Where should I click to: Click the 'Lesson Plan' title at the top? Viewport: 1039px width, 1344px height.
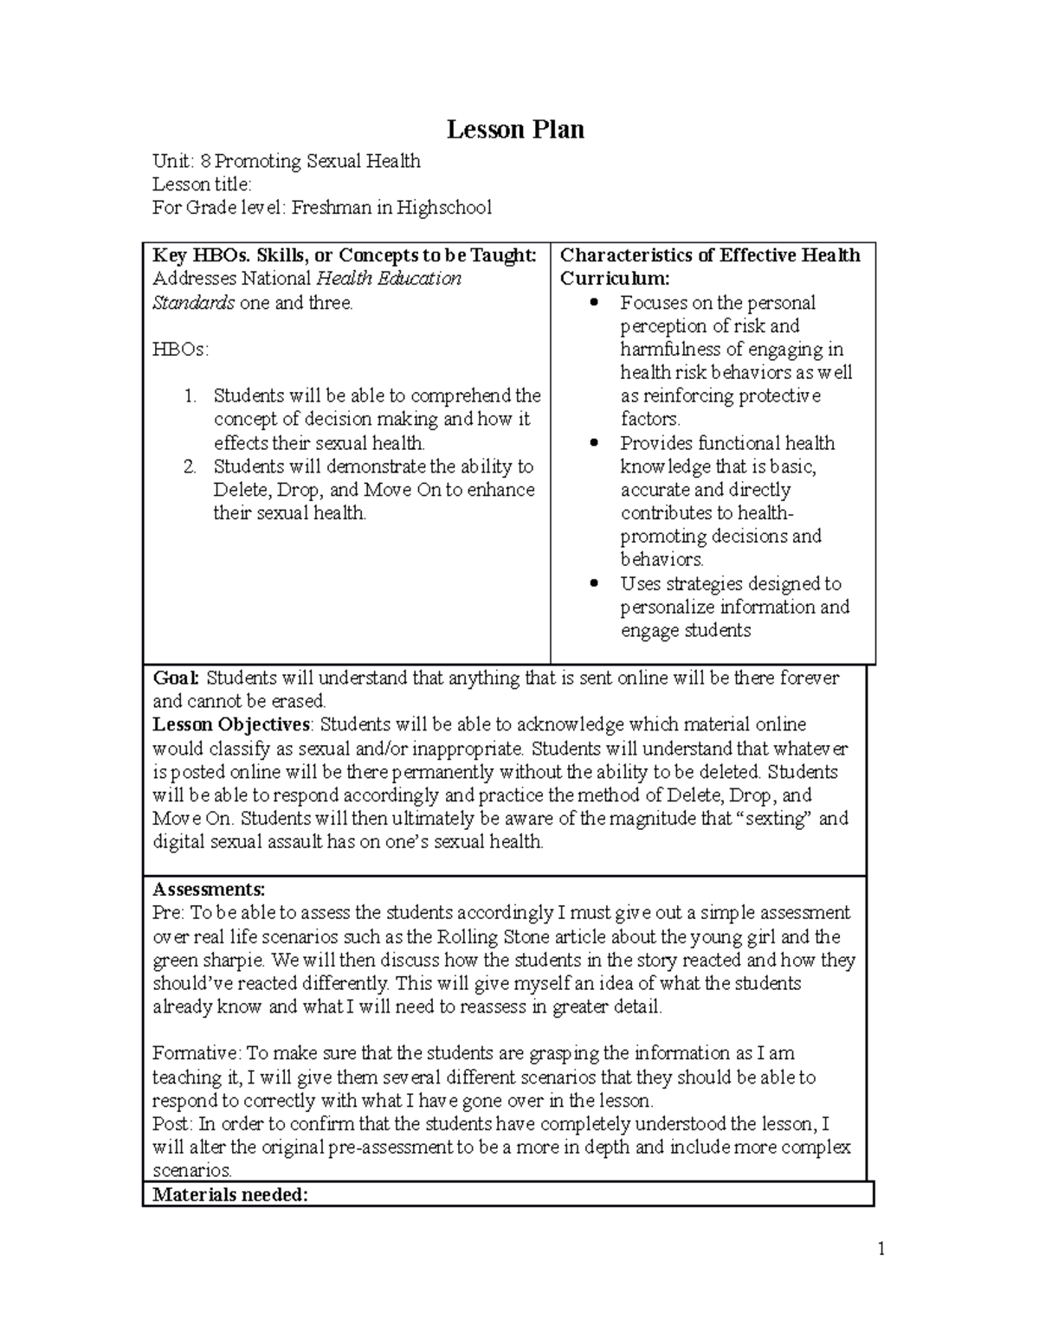(x=515, y=130)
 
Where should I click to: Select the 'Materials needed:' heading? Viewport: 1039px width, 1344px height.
(x=230, y=1195)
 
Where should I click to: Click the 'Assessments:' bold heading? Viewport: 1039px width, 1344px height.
(x=209, y=890)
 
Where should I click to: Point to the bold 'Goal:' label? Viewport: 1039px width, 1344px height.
(x=176, y=678)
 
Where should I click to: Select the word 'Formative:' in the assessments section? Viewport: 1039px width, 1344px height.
(x=197, y=1053)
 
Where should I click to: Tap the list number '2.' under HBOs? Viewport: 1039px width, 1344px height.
(x=190, y=467)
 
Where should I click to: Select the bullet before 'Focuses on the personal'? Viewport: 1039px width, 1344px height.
(x=593, y=303)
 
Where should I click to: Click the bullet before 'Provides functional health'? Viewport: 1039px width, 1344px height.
(x=593, y=443)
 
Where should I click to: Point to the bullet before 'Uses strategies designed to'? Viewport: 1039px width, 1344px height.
(x=593, y=584)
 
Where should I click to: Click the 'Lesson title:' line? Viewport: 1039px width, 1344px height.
(x=202, y=184)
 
